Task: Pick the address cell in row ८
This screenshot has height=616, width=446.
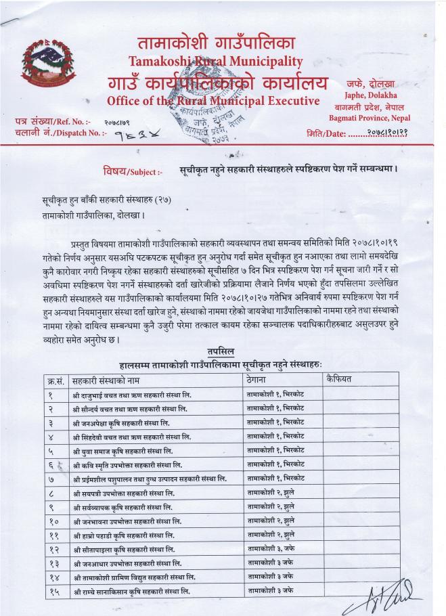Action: (x=270, y=493)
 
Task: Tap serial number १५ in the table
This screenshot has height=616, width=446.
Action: (x=55, y=592)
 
